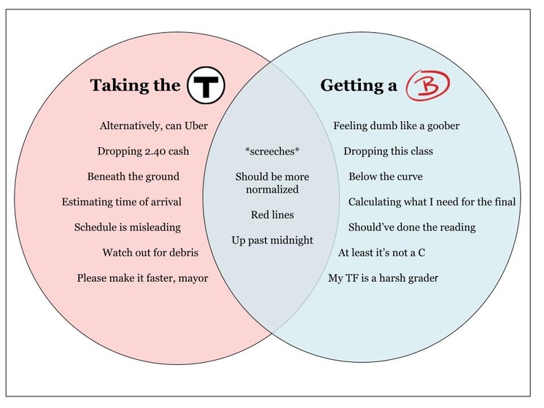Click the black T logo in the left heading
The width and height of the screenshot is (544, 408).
(x=206, y=85)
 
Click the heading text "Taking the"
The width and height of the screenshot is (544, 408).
(x=135, y=86)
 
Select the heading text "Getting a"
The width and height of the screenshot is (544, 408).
(x=359, y=86)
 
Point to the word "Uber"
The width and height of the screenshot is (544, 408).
(x=193, y=126)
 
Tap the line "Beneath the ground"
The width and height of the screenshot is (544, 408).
(x=133, y=177)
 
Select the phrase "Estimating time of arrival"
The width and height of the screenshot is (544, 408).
(x=122, y=202)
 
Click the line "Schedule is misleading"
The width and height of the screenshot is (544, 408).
(x=128, y=227)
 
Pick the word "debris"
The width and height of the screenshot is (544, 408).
(x=182, y=253)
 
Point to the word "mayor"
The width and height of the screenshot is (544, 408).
(x=191, y=278)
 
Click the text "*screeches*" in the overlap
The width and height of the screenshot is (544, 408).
(x=272, y=152)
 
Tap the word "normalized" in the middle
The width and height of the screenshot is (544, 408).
(x=272, y=189)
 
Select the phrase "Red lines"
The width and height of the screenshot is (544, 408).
(x=272, y=215)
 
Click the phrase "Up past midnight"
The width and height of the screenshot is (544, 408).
(x=272, y=240)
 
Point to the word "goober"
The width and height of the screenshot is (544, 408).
(x=440, y=126)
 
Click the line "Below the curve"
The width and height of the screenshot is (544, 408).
(x=385, y=177)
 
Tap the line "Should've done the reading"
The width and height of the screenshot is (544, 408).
(x=412, y=227)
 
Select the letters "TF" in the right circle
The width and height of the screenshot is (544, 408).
(x=354, y=278)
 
